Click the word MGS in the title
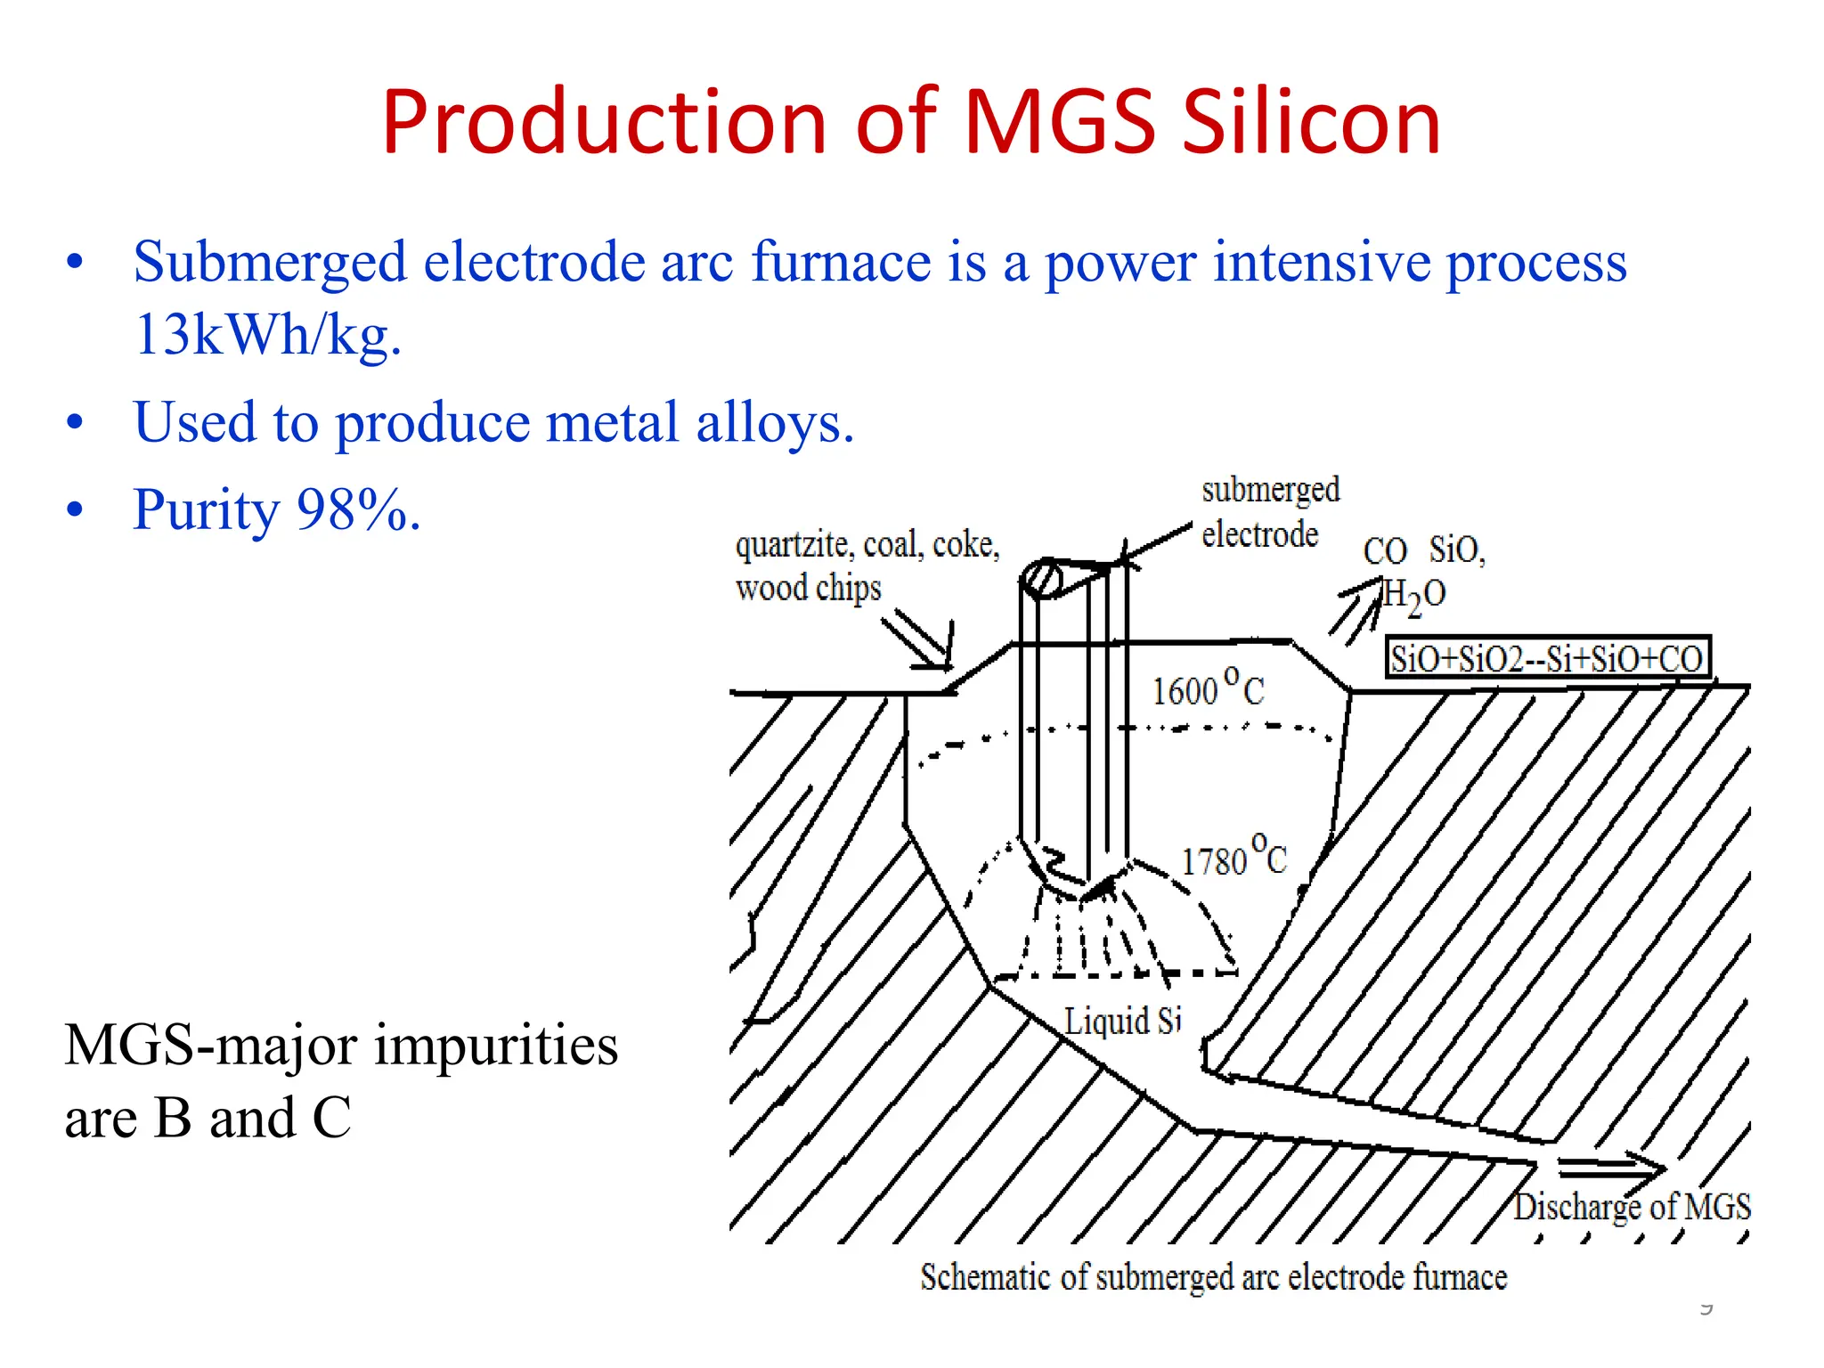(1060, 122)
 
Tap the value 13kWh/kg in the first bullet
(267, 336)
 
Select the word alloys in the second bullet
(774, 422)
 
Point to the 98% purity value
(358, 510)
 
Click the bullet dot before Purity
(75, 509)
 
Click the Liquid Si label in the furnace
(1122, 1021)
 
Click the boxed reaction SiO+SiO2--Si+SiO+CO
(1547, 658)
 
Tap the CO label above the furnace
(1384, 551)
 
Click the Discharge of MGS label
(1632, 1207)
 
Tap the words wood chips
(808, 589)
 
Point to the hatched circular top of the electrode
(1042, 579)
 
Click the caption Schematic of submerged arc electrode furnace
(1213, 1277)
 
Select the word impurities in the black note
(495, 1046)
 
